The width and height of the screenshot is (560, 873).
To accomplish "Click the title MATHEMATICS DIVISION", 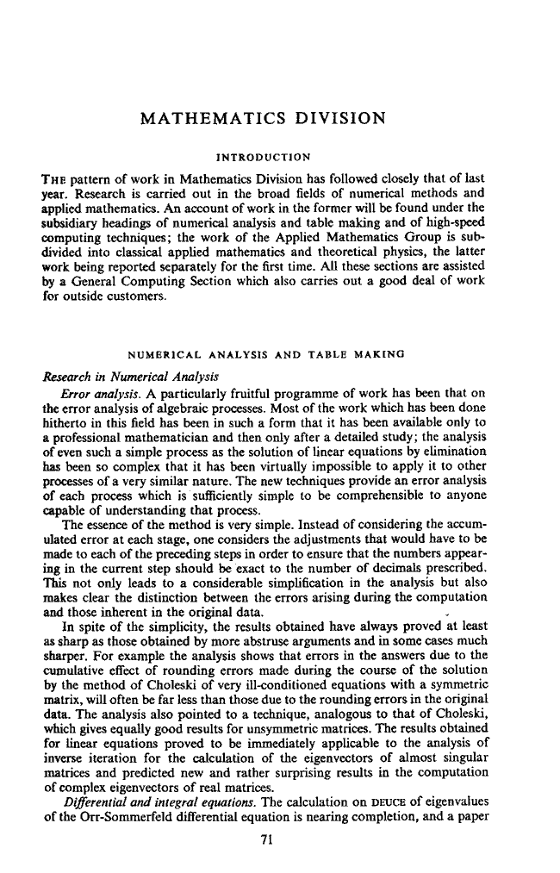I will [x=263, y=118].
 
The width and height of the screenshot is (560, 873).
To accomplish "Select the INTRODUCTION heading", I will [x=263, y=159].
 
